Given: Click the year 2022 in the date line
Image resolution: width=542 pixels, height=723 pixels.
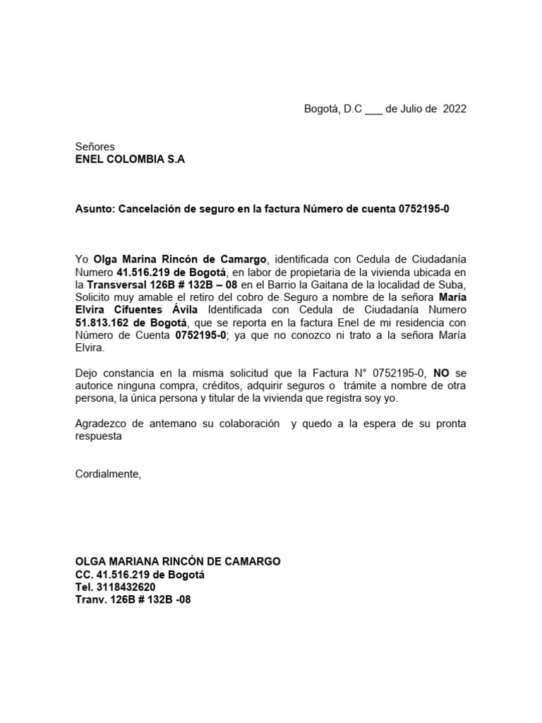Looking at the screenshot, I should tap(454, 109).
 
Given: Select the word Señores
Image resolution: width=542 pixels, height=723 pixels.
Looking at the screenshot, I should tap(95, 147).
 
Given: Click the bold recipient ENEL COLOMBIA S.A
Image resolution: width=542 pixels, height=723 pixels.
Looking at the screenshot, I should tap(130, 160).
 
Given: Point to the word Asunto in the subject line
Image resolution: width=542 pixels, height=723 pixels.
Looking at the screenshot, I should tap(95, 209).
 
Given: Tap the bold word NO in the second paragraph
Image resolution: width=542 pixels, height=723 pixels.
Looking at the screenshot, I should tap(442, 374).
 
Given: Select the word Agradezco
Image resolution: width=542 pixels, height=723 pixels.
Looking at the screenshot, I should tap(101, 424).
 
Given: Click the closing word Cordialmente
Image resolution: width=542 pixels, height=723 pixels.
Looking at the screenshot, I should tap(108, 474).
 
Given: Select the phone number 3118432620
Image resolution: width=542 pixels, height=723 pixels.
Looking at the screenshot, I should tap(125, 587).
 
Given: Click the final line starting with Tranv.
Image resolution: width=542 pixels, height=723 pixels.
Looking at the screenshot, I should tap(133, 599).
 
